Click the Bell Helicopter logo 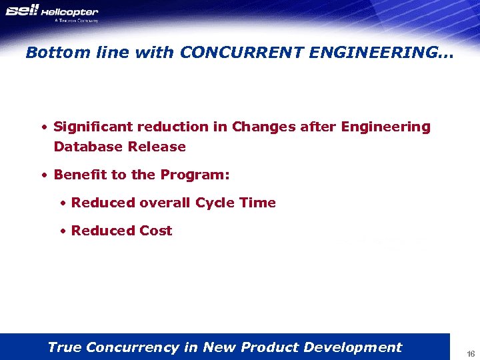52,12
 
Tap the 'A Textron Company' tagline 76,21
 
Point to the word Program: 195,175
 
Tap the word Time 258,203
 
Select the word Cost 156,231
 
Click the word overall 165,203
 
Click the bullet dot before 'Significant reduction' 44,127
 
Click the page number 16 470,353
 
